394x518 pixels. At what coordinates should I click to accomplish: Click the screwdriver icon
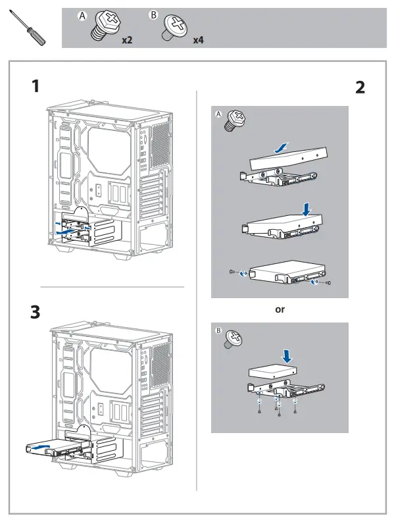click(x=28, y=28)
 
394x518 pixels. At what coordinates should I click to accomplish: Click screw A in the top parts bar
click(x=106, y=26)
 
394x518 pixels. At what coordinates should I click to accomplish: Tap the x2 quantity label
click(x=127, y=40)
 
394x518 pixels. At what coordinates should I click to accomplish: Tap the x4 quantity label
click(x=198, y=40)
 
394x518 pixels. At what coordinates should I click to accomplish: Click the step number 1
click(x=36, y=86)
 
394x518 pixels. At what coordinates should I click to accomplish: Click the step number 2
click(x=360, y=88)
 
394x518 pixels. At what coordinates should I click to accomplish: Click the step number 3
click(x=36, y=312)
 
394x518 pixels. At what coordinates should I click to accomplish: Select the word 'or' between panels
click(x=280, y=309)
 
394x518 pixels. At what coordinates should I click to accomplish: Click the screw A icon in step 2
click(x=234, y=120)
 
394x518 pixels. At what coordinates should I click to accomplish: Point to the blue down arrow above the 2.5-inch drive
click(x=287, y=356)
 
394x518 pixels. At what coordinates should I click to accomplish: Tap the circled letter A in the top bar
click(x=82, y=16)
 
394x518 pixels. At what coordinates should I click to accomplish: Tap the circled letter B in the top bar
click(x=153, y=15)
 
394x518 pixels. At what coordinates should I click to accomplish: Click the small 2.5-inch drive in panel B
click(x=272, y=372)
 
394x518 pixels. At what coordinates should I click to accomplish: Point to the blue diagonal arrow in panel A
click(x=282, y=147)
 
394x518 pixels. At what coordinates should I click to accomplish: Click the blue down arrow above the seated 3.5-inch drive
click(x=307, y=209)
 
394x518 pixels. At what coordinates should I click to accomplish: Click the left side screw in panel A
click(x=232, y=272)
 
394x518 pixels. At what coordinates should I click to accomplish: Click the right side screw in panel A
click(x=328, y=283)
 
